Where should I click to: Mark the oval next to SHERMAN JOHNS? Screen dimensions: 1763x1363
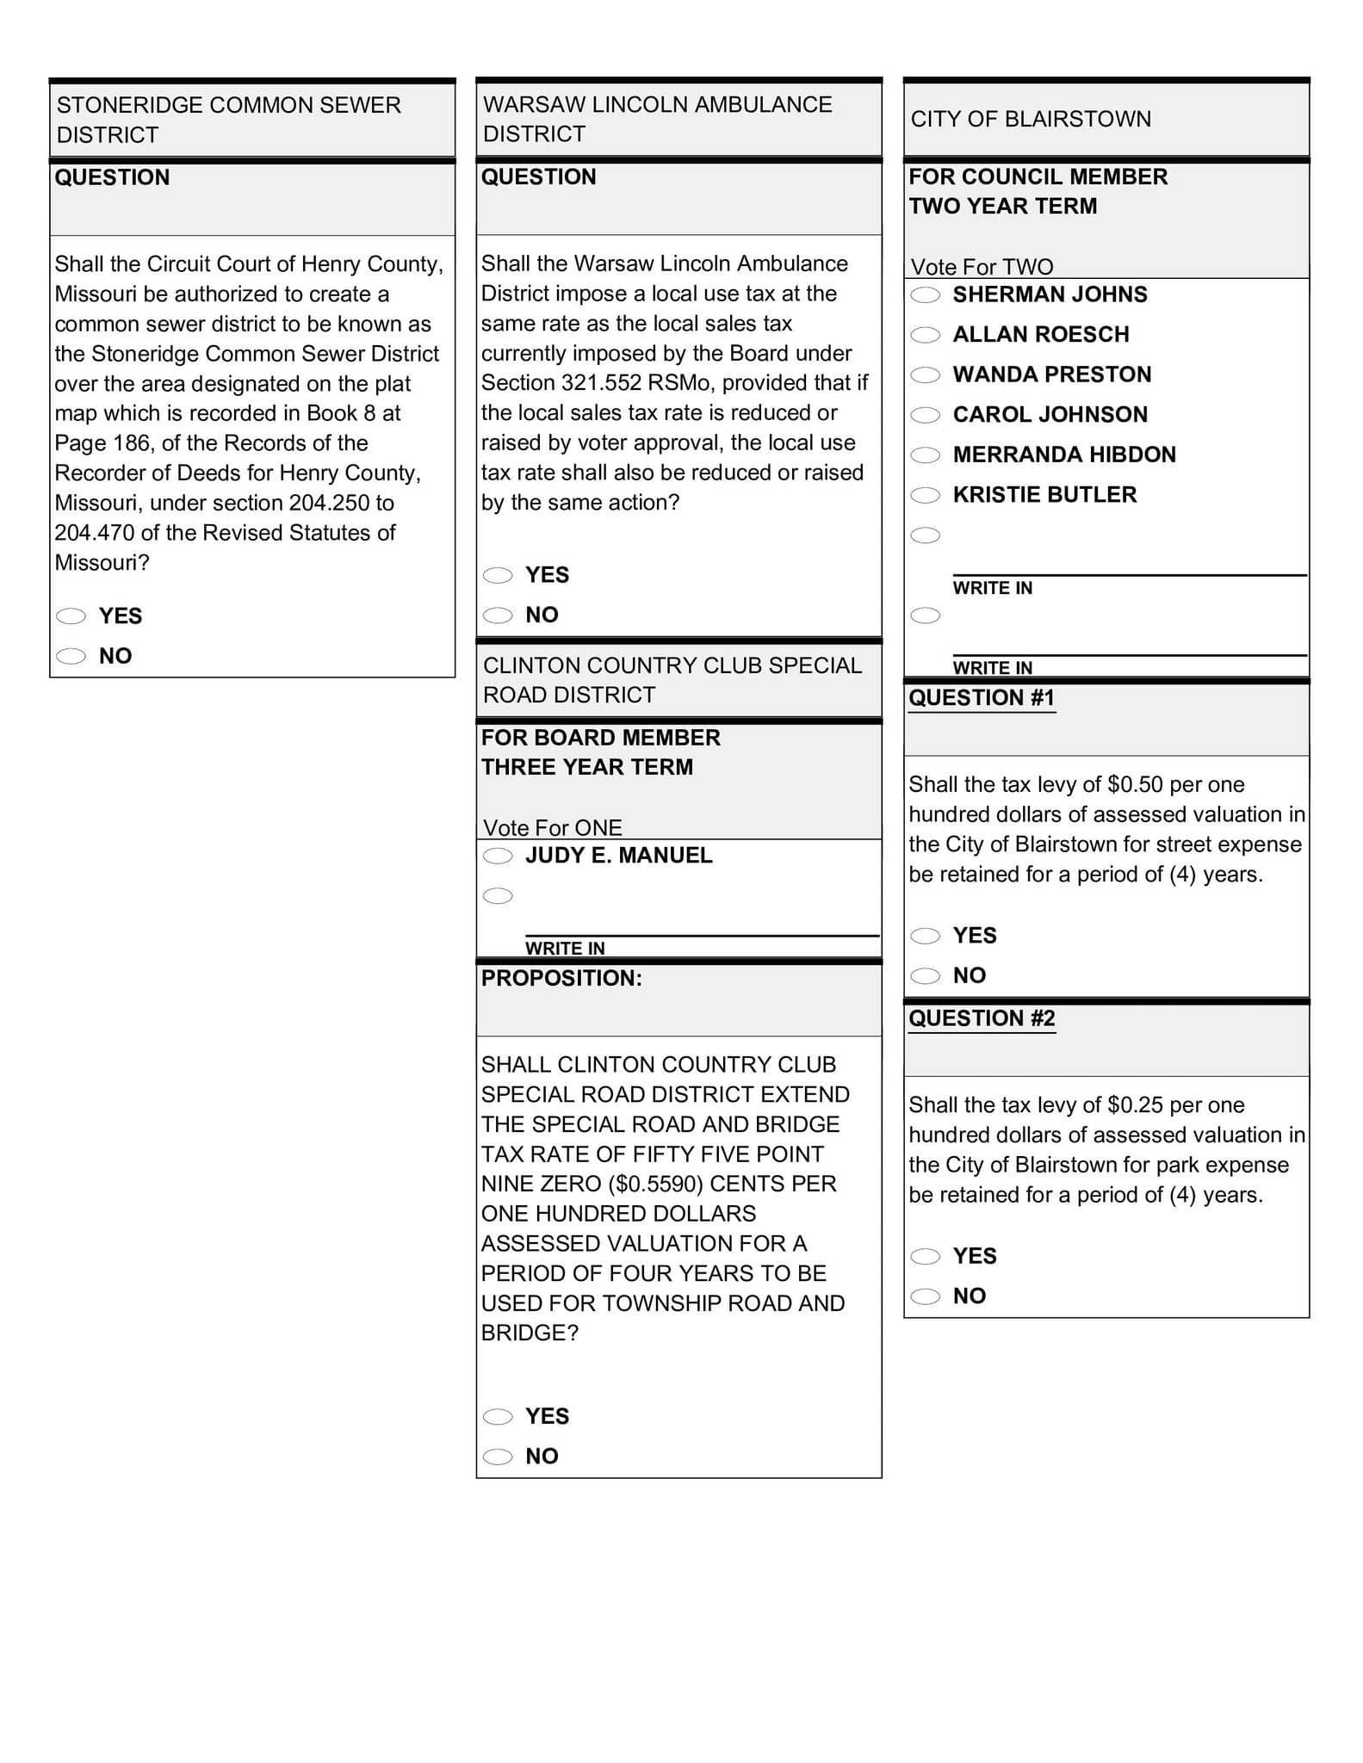926,295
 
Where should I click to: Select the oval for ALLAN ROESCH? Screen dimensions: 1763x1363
926,335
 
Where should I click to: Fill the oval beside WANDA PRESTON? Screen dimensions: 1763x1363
926,375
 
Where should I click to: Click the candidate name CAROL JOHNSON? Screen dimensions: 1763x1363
1050,415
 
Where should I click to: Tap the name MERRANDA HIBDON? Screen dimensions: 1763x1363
1063,455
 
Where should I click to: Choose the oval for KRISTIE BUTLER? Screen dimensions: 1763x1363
926,495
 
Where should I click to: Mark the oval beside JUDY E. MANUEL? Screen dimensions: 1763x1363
498,856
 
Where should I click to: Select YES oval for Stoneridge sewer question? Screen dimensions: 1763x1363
71,616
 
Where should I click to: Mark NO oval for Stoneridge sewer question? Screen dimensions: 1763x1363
71,656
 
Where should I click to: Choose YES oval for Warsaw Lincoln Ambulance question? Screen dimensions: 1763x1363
498,575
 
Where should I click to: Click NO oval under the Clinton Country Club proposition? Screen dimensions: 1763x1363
498,1457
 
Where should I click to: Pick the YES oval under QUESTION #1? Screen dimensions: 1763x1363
926,936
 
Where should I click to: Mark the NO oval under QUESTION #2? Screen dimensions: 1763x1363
926,1296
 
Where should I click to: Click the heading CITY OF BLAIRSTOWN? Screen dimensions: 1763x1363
1031,119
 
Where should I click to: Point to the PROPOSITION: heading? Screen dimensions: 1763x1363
561,979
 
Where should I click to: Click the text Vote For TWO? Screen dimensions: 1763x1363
982,267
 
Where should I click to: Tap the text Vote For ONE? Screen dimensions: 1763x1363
553,828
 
